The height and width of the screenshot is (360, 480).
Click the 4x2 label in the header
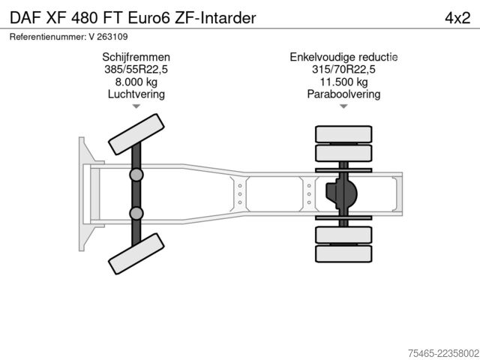457,18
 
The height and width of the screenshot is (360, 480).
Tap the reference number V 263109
108,37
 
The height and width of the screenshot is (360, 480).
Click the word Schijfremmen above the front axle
136,57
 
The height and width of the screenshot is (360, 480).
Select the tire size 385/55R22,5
136,70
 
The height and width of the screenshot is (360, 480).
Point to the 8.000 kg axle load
136,82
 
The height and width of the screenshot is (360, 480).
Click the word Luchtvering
136,94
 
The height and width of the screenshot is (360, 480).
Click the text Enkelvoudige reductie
343,57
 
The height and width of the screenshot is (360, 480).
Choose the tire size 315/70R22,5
343,70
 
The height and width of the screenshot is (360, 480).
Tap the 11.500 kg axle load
343,82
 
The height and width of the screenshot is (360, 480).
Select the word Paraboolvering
343,94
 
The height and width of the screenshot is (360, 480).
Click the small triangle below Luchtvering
136,106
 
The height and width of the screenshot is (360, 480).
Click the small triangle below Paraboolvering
343,106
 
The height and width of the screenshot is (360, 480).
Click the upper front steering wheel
136,134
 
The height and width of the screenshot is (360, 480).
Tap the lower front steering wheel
136,253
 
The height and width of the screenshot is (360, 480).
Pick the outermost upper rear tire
343,134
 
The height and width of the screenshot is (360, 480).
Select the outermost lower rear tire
343,253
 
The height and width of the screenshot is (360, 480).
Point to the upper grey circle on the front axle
136,175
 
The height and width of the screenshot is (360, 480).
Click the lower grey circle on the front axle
136,213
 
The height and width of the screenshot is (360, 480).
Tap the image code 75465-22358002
443,353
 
